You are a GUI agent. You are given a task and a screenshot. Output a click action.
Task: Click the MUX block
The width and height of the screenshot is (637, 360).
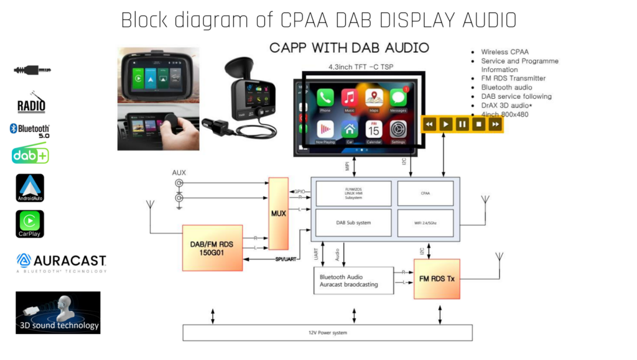point(279,213)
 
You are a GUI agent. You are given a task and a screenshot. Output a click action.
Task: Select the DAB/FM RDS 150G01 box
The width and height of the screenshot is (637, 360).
point(212,247)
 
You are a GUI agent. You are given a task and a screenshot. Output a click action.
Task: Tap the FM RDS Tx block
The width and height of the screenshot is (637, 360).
point(437,279)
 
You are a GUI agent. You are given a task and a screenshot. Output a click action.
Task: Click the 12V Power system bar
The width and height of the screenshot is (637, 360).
point(327,333)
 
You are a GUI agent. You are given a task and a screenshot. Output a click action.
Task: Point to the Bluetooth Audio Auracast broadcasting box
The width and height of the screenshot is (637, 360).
point(353,280)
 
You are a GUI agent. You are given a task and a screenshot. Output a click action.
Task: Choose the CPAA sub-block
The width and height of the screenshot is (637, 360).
point(425,193)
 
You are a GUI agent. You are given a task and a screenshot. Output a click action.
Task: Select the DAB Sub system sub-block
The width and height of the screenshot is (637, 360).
point(353,222)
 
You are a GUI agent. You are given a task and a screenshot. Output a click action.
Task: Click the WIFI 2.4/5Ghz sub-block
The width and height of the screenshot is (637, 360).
point(425,222)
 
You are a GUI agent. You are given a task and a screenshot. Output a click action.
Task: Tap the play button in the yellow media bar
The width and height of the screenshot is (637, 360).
point(445,124)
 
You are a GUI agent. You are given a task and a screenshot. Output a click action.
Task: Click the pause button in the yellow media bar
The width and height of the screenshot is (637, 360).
point(462,124)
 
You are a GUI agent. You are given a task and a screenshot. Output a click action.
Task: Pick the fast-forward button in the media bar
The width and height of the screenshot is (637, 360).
point(495,124)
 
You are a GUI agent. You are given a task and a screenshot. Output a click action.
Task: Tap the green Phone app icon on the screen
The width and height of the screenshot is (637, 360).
point(325,98)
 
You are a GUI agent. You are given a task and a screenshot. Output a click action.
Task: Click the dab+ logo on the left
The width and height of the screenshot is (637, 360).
point(30,155)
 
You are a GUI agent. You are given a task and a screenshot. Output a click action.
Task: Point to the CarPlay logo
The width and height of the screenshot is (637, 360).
point(30,223)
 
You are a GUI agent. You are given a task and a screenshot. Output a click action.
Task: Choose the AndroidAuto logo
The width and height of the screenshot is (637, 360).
point(30,187)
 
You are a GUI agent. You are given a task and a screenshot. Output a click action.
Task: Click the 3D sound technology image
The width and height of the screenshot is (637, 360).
point(58,313)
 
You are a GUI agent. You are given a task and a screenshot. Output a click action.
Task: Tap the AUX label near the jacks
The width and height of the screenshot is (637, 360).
point(179,172)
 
